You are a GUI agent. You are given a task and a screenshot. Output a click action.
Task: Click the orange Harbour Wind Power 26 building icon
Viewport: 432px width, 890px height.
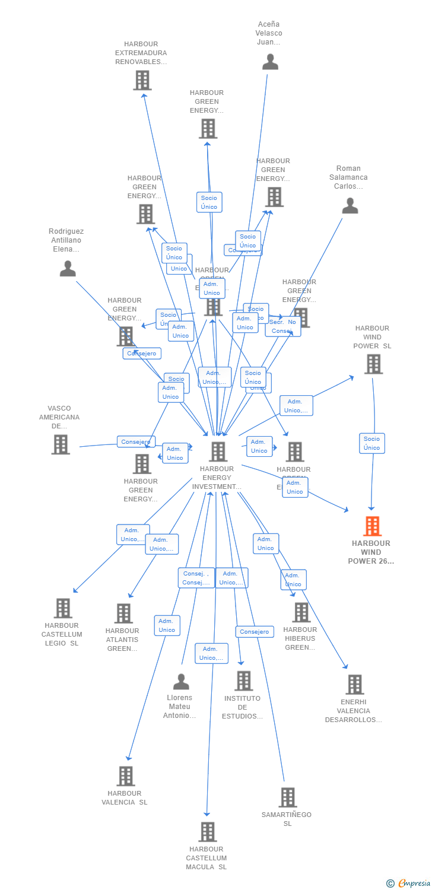[x=372, y=526]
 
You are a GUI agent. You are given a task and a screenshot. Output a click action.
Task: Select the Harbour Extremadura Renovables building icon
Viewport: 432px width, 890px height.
[x=142, y=80]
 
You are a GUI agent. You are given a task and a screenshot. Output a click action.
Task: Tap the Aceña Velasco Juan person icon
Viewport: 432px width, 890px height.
[x=270, y=62]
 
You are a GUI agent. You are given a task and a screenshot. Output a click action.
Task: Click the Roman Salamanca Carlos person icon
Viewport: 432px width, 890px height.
[x=350, y=206]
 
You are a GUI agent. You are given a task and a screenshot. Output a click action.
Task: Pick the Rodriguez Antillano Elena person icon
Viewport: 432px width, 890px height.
[x=68, y=269]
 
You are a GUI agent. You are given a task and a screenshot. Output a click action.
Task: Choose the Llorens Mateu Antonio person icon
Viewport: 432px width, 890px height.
[x=181, y=682]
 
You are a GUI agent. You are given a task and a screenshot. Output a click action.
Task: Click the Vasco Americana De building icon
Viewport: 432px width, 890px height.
[x=61, y=444]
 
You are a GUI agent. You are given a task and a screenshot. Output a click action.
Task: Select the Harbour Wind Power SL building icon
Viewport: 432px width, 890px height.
[x=373, y=364]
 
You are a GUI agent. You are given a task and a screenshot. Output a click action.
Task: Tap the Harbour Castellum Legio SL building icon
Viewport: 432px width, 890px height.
[x=63, y=608]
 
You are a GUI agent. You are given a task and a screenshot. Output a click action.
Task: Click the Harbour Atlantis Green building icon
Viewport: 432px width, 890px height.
[x=123, y=614]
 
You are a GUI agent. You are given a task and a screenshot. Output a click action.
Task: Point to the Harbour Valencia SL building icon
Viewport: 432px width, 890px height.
[x=126, y=776]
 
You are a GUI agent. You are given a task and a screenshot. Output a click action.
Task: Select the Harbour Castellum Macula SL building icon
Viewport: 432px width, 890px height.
[x=207, y=832]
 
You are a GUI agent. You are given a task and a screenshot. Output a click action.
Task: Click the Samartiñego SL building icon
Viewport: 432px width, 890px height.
[x=287, y=797]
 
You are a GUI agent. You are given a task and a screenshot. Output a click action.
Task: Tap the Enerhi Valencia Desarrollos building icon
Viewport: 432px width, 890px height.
[x=354, y=685]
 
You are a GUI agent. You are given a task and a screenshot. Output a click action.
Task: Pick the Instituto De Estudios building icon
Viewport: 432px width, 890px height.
[x=243, y=681]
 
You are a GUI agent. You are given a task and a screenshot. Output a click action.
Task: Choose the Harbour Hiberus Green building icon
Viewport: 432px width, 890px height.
[x=301, y=612]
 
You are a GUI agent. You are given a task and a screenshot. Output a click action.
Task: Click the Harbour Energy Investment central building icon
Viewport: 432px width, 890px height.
[x=218, y=452]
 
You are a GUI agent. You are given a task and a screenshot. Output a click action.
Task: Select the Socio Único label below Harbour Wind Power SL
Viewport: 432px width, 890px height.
[x=372, y=443]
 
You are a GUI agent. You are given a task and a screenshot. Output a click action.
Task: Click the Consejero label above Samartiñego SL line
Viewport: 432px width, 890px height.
[x=255, y=632]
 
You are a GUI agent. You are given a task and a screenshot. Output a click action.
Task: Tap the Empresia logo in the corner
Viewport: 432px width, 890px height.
[x=409, y=883]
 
